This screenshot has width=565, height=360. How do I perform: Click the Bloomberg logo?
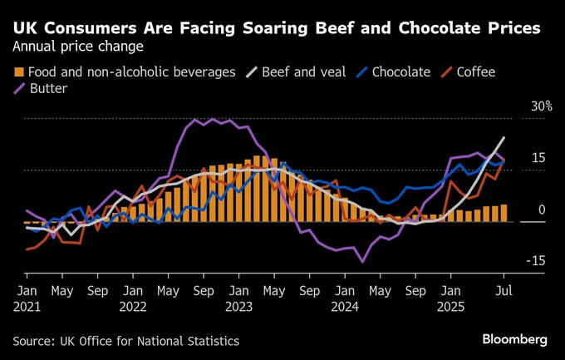click(x=514, y=340)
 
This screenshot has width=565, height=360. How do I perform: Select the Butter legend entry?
click(x=46, y=88)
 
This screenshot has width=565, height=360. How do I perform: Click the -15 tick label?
click(x=535, y=261)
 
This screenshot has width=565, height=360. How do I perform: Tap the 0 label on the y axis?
click(x=541, y=210)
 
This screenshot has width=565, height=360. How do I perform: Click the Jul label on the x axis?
click(x=502, y=291)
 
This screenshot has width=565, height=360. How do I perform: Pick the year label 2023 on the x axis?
click(x=239, y=306)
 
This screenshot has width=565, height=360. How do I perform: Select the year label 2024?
click(x=346, y=306)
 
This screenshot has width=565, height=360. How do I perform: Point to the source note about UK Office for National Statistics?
click(x=125, y=341)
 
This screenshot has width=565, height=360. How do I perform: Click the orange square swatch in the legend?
click(x=18, y=72)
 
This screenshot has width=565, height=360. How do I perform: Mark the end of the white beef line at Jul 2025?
click(x=504, y=138)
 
